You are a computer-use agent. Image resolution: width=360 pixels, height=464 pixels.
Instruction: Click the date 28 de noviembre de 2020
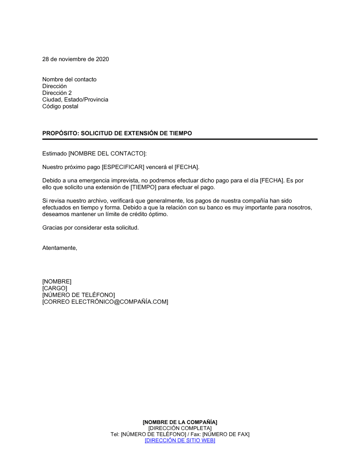[x=76, y=59]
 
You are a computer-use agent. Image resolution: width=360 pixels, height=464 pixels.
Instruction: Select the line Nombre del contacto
[x=69, y=79]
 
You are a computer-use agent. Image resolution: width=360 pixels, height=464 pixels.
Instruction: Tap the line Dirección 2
[x=57, y=93]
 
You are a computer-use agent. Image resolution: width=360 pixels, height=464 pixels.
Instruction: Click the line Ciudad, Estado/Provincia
[x=75, y=100]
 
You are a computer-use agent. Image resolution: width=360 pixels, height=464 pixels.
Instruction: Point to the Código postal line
[x=60, y=106]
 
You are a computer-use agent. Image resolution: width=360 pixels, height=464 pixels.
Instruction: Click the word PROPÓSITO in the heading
[x=60, y=133]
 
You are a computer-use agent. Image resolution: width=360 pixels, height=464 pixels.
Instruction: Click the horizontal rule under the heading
[x=180, y=139]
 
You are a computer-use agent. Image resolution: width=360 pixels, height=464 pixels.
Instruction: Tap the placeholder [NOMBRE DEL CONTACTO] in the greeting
[x=107, y=154]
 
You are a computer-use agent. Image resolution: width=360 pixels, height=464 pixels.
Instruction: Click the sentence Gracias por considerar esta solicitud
[x=90, y=228]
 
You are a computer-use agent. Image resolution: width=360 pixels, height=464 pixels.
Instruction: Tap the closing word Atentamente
[x=59, y=248]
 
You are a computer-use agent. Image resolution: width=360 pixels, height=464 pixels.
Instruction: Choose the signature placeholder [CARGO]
[x=55, y=288]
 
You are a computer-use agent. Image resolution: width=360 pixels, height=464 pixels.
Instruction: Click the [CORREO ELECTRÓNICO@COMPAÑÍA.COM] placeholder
[x=105, y=302]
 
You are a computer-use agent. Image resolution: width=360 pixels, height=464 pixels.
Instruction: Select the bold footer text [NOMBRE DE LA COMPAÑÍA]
[x=180, y=422]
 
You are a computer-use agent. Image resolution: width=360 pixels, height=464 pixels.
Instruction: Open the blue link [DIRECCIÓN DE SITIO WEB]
[x=180, y=441]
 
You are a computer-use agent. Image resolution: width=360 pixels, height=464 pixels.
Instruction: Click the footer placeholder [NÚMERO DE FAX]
[x=226, y=435]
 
